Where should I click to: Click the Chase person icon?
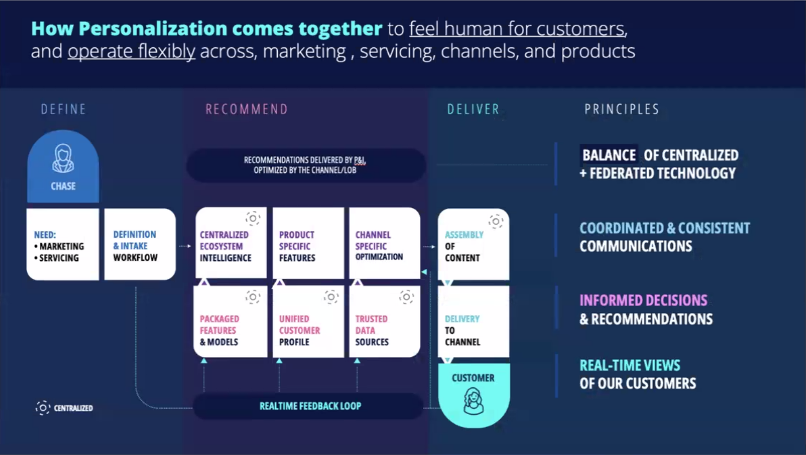[x=63, y=158]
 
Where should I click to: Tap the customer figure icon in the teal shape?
[x=473, y=401]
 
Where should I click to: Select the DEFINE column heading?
[x=63, y=109]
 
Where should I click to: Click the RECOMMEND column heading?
[x=246, y=109]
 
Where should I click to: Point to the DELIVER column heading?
[x=473, y=109]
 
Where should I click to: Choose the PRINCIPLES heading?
[x=622, y=109]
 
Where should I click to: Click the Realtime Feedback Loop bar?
[x=309, y=406]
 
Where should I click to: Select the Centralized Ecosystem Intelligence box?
[x=231, y=244]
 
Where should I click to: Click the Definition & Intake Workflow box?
[x=139, y=245]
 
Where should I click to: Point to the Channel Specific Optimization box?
[x=385, y=244]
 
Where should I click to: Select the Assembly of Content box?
[x=473, y=245]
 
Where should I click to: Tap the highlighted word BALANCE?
[x=609, y=155]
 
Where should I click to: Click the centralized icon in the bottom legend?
[x=43, y=408]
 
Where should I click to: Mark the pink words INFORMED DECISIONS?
[x=643, y=301]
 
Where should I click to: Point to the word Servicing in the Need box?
[x=59, y=258]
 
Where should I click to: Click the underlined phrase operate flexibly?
[x=132, y=51]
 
